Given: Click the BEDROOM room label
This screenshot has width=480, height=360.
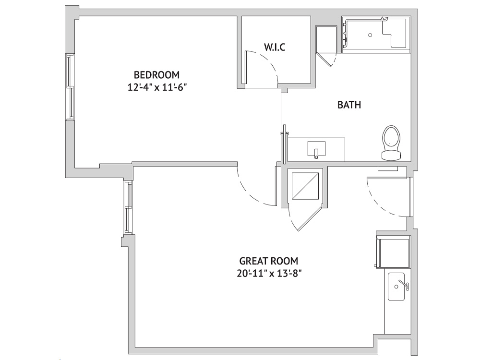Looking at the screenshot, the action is click(157, 75).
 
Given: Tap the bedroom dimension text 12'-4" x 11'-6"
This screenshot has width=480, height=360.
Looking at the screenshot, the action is click(157, 87).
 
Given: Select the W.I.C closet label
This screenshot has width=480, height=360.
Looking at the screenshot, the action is click(275, 47).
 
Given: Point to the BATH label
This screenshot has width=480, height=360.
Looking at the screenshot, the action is click(349, 105).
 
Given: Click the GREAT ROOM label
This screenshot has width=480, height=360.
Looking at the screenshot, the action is click(268, 261).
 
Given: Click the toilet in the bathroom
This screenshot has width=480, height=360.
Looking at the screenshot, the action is click(391, 143).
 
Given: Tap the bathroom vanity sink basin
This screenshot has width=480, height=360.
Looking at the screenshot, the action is click(316, 149).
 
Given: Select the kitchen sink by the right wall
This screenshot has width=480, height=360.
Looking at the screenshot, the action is click(396, 287).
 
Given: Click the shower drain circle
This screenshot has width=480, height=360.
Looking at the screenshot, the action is click(370, 35).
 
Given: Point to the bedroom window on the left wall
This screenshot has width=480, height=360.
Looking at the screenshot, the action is click(70, 87).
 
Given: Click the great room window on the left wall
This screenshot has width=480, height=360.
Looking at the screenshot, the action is click(128, 207).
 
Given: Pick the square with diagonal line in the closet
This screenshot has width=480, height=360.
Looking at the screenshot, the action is click(305, 186).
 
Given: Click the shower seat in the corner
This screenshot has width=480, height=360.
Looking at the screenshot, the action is click(395, 33).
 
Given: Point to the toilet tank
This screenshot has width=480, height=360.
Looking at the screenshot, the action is click(391, 155).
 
